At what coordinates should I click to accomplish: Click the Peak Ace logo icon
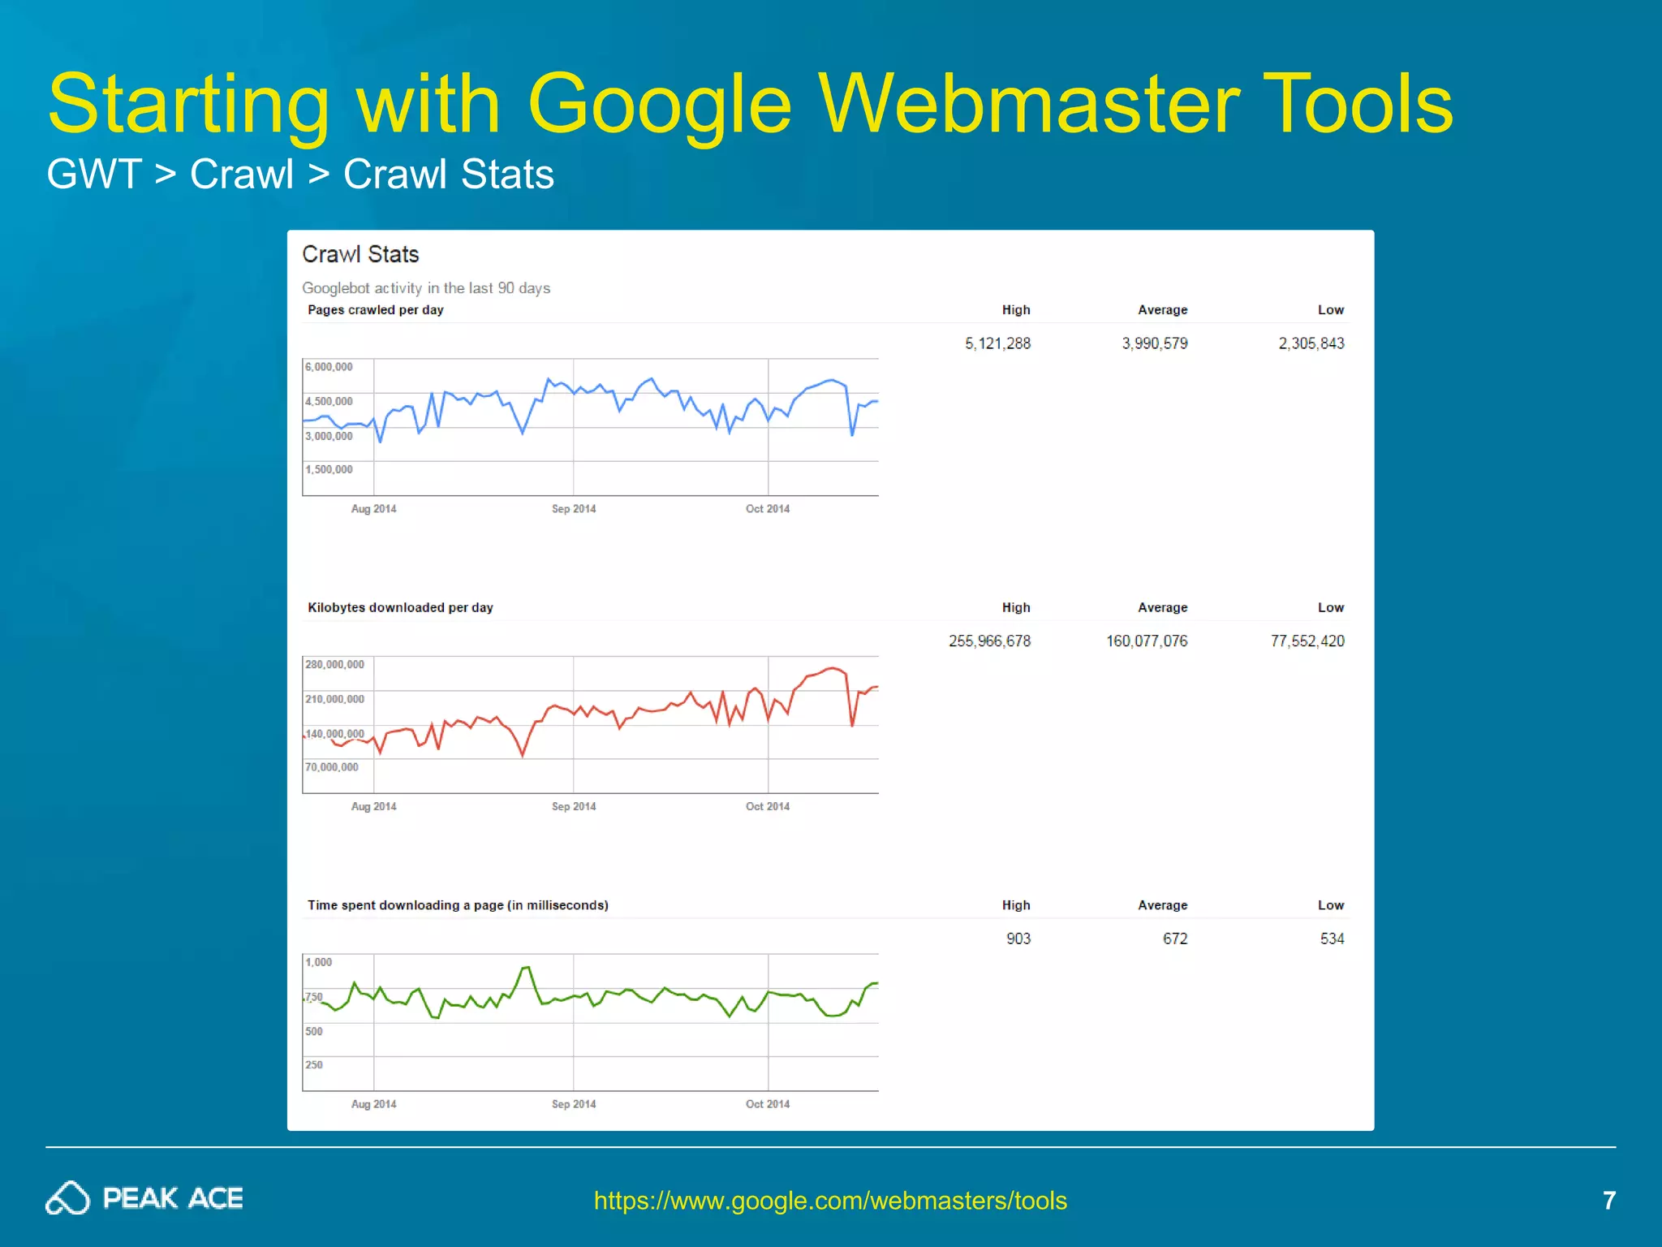click(x=67, y=1198)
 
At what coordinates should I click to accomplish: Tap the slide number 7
click(x=1608, y=1200)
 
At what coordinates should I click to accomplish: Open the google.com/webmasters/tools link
click(x=830, y=1200)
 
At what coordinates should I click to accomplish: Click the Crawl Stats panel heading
click(x=360, y=254)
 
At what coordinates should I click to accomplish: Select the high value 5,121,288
click(x=997, y=343)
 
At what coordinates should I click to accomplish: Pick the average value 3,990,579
click(x=1154, y=343)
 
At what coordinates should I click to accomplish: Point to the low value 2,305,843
click(x=1311, y=343)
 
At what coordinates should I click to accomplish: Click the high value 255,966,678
click(x=989, y=641)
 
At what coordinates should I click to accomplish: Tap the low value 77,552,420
click(x=1307, y=641)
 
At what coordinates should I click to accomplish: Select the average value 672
click(x=1174, y=938)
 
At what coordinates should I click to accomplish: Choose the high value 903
click(x=1018, y=938)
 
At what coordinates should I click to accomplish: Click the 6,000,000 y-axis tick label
click(x=329, y=367)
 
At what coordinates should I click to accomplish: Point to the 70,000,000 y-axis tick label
click(x=331, y=767)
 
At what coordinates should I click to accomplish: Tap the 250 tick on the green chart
click(x=313, y=1064)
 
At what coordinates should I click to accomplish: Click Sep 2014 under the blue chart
click(x=573, y=509)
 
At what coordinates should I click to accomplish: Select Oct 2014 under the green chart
click(x=767, y=1104)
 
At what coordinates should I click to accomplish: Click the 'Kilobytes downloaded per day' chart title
click(x=400, y=607)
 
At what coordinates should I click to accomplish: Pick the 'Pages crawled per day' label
click(x=375, y=310)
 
